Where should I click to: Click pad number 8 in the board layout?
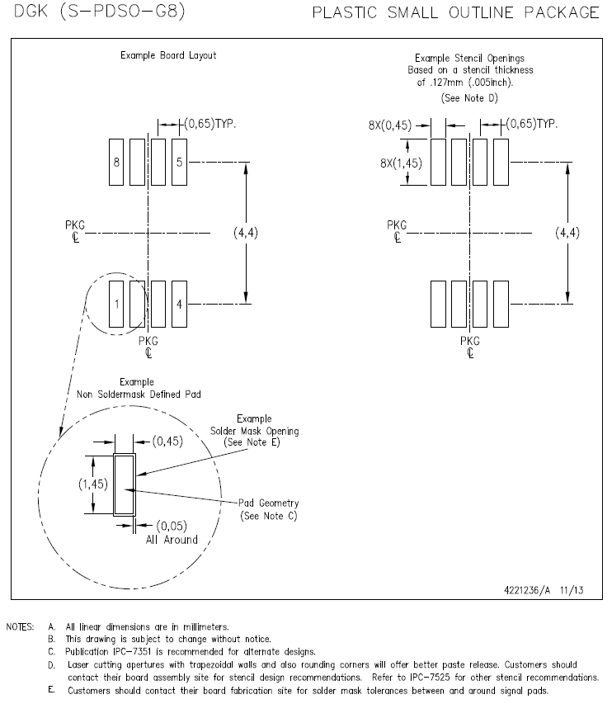116,162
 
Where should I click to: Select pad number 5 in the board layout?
180,162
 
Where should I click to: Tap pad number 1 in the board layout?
116,304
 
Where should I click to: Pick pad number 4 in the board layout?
180,304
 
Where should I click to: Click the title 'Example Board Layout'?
168,55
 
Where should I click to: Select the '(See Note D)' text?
469,98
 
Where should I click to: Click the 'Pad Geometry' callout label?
268,503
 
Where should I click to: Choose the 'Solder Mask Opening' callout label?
254,431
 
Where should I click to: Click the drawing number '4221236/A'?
527,590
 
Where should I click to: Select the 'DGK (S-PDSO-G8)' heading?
100,12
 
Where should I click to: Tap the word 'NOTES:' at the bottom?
20,626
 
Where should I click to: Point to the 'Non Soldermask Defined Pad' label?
139,395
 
